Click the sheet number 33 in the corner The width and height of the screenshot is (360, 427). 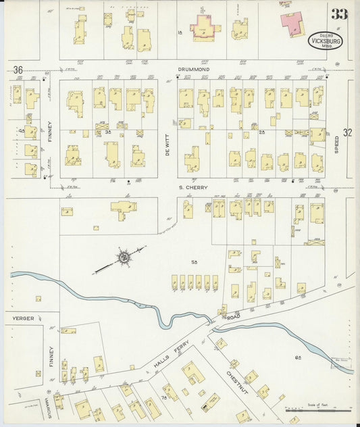pos(339,13)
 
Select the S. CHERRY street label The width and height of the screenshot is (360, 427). pos(192,187)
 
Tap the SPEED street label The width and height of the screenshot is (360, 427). pos(337,144)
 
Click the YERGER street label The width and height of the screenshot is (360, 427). pos(23,317)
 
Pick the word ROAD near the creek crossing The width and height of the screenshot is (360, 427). pos(234,316)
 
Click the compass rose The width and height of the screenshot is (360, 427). pos(124,257)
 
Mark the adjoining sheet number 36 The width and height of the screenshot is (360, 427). pos(18,70)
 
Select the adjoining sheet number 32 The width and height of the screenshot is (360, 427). pos(348,133)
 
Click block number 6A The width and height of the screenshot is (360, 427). pos(298,356)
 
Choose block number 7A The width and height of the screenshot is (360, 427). pos(164,398)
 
